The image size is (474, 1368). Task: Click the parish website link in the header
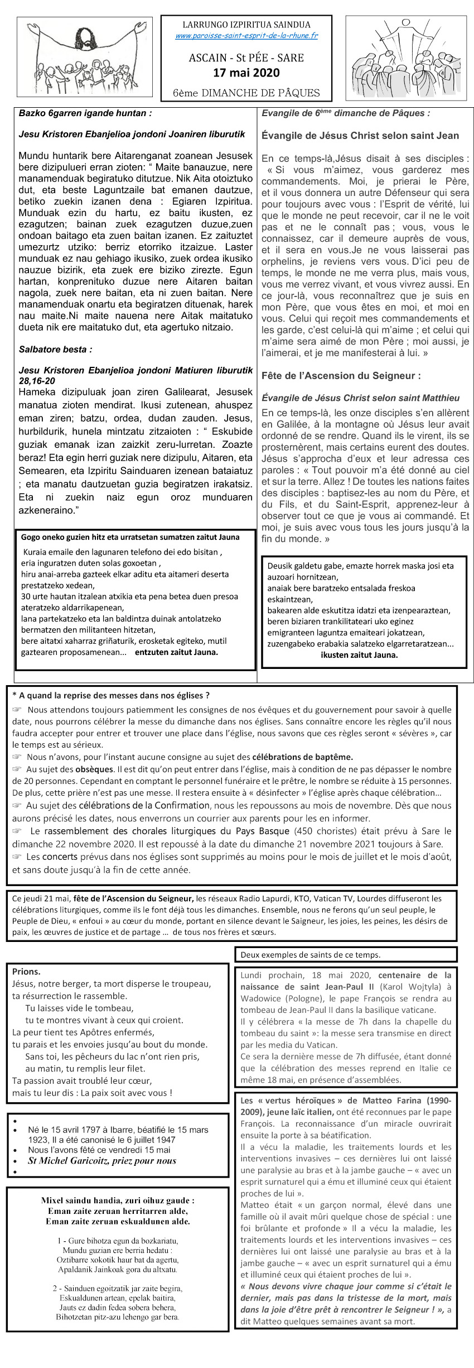point(246,36)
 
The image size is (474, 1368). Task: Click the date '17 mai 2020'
point(246,73)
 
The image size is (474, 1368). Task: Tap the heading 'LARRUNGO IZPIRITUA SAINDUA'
point(246,25)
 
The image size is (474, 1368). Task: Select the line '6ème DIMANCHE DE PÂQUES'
point(246,93)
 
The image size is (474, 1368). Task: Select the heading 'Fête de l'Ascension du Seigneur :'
point(341,376)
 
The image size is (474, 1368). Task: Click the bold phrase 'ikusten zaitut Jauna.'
point(359,655)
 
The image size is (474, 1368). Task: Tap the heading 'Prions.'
point(26,972)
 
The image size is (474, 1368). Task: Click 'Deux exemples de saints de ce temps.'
point(311,955)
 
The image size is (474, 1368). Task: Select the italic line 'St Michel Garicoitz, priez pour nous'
point(102,1160)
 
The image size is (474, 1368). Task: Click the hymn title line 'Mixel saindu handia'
point(118,1200)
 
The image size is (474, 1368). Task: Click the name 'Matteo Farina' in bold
point(386,1101)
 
